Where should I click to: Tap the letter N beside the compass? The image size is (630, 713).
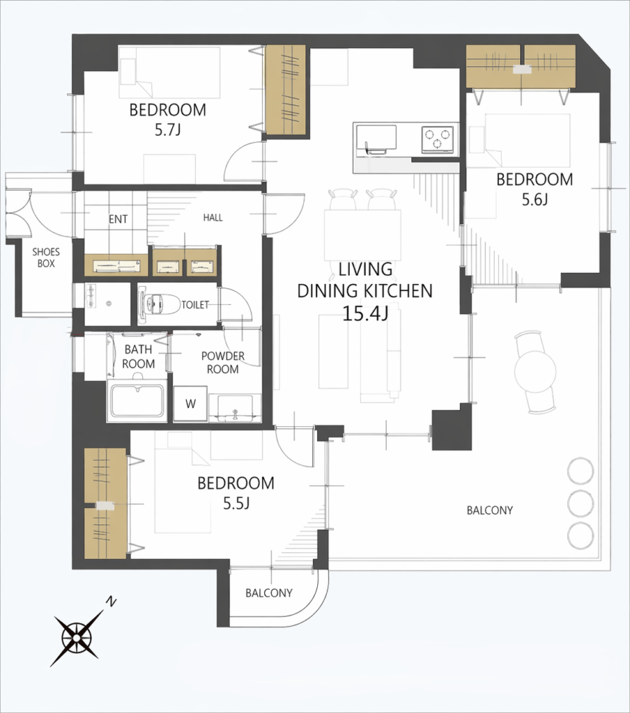(111, 602)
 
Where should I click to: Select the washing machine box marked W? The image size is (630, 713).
(191, 403)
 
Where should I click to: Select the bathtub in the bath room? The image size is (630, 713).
(137, 401)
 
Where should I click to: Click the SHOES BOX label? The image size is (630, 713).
(46, 258)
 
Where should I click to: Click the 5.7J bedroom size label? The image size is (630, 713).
(167, 130)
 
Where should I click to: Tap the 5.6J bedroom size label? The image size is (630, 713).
(535, 200)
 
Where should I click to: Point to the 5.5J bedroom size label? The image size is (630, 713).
(236, 503)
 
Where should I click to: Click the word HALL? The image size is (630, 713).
(213, 217)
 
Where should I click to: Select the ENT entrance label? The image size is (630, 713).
(118, 219)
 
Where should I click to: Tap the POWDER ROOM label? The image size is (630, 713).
(222, 362)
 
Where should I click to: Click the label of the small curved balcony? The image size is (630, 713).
(268, 593)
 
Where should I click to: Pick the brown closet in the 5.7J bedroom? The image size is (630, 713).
(286, 90)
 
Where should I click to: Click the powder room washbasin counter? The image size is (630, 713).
(235, 408)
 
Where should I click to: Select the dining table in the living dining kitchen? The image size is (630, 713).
(362, 235)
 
